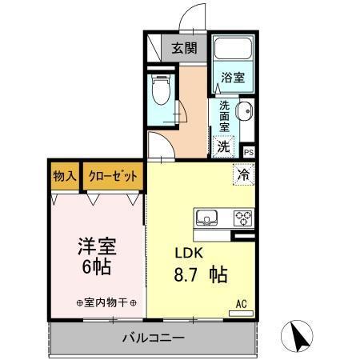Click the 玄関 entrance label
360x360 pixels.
click(184, 47)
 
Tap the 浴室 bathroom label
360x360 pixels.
click(233, 78)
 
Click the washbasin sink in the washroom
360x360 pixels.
click(244, 112)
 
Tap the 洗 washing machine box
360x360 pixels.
click(224, 146)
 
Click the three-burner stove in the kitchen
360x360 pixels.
click(242, 218)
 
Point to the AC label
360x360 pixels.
click(240, 303)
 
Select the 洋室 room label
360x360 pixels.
click(94, 243)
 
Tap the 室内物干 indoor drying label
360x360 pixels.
click(106, 303)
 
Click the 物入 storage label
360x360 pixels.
click(64, 176)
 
